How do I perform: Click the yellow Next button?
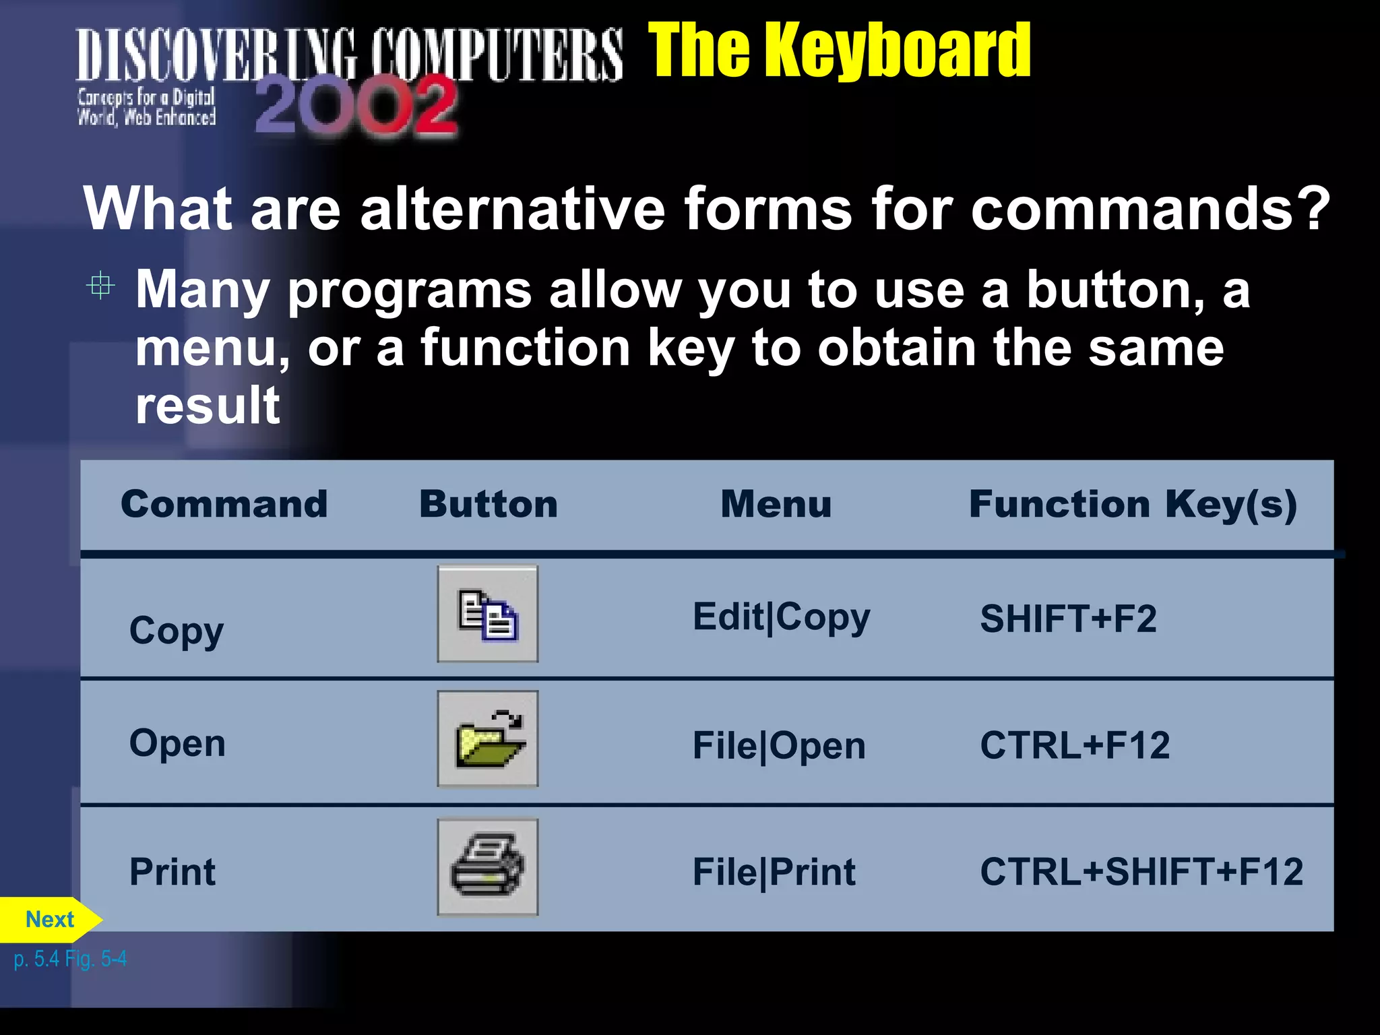point(49,919)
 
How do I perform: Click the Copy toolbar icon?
point(488,614)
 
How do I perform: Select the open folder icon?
point(488,739)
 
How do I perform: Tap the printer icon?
point(488,867)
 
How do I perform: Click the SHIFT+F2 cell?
point(1068,619)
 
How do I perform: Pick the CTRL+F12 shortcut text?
point(1075,745)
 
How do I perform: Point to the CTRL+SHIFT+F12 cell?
point(1141,872)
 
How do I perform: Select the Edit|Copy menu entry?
point(781,617)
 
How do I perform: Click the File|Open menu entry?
point(779,746)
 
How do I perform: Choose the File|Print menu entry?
point(774,873)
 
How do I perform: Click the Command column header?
point(224,504)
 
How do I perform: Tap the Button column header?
point(489,504)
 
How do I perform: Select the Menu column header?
point(776,504)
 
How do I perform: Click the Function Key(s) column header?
point(1133,505)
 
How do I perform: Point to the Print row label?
point(172,872)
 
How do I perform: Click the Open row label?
point(177,743)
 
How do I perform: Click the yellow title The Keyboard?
point(839,51)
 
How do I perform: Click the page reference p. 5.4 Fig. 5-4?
point(70,959)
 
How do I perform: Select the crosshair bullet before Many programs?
point(100,286)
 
